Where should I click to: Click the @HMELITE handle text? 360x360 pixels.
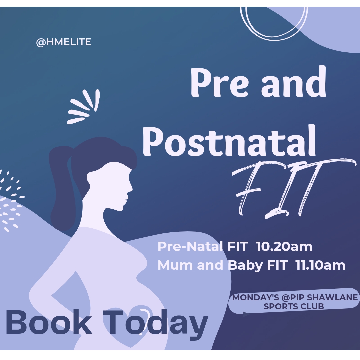coord(63,42)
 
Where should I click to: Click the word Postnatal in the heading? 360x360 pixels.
coord(229,142)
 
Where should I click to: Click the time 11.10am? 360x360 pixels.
coord(320,265)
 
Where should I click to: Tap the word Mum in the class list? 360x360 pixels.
coord(175,265)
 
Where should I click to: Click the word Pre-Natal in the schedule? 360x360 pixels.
coord(190,247)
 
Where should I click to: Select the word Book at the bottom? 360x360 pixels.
coord(49,322)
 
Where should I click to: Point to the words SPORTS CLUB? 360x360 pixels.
coord(294,306)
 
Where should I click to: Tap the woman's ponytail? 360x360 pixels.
coord(62,187)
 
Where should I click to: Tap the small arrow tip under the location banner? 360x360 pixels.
coord(246,314)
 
